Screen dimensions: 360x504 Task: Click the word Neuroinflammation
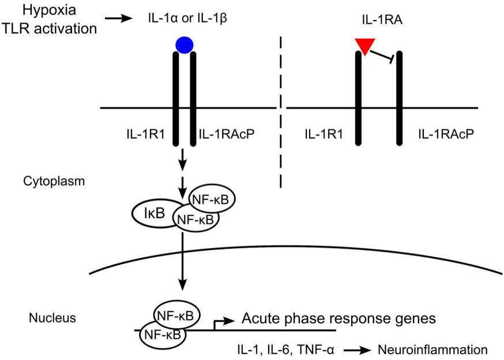(x=432, y=349)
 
